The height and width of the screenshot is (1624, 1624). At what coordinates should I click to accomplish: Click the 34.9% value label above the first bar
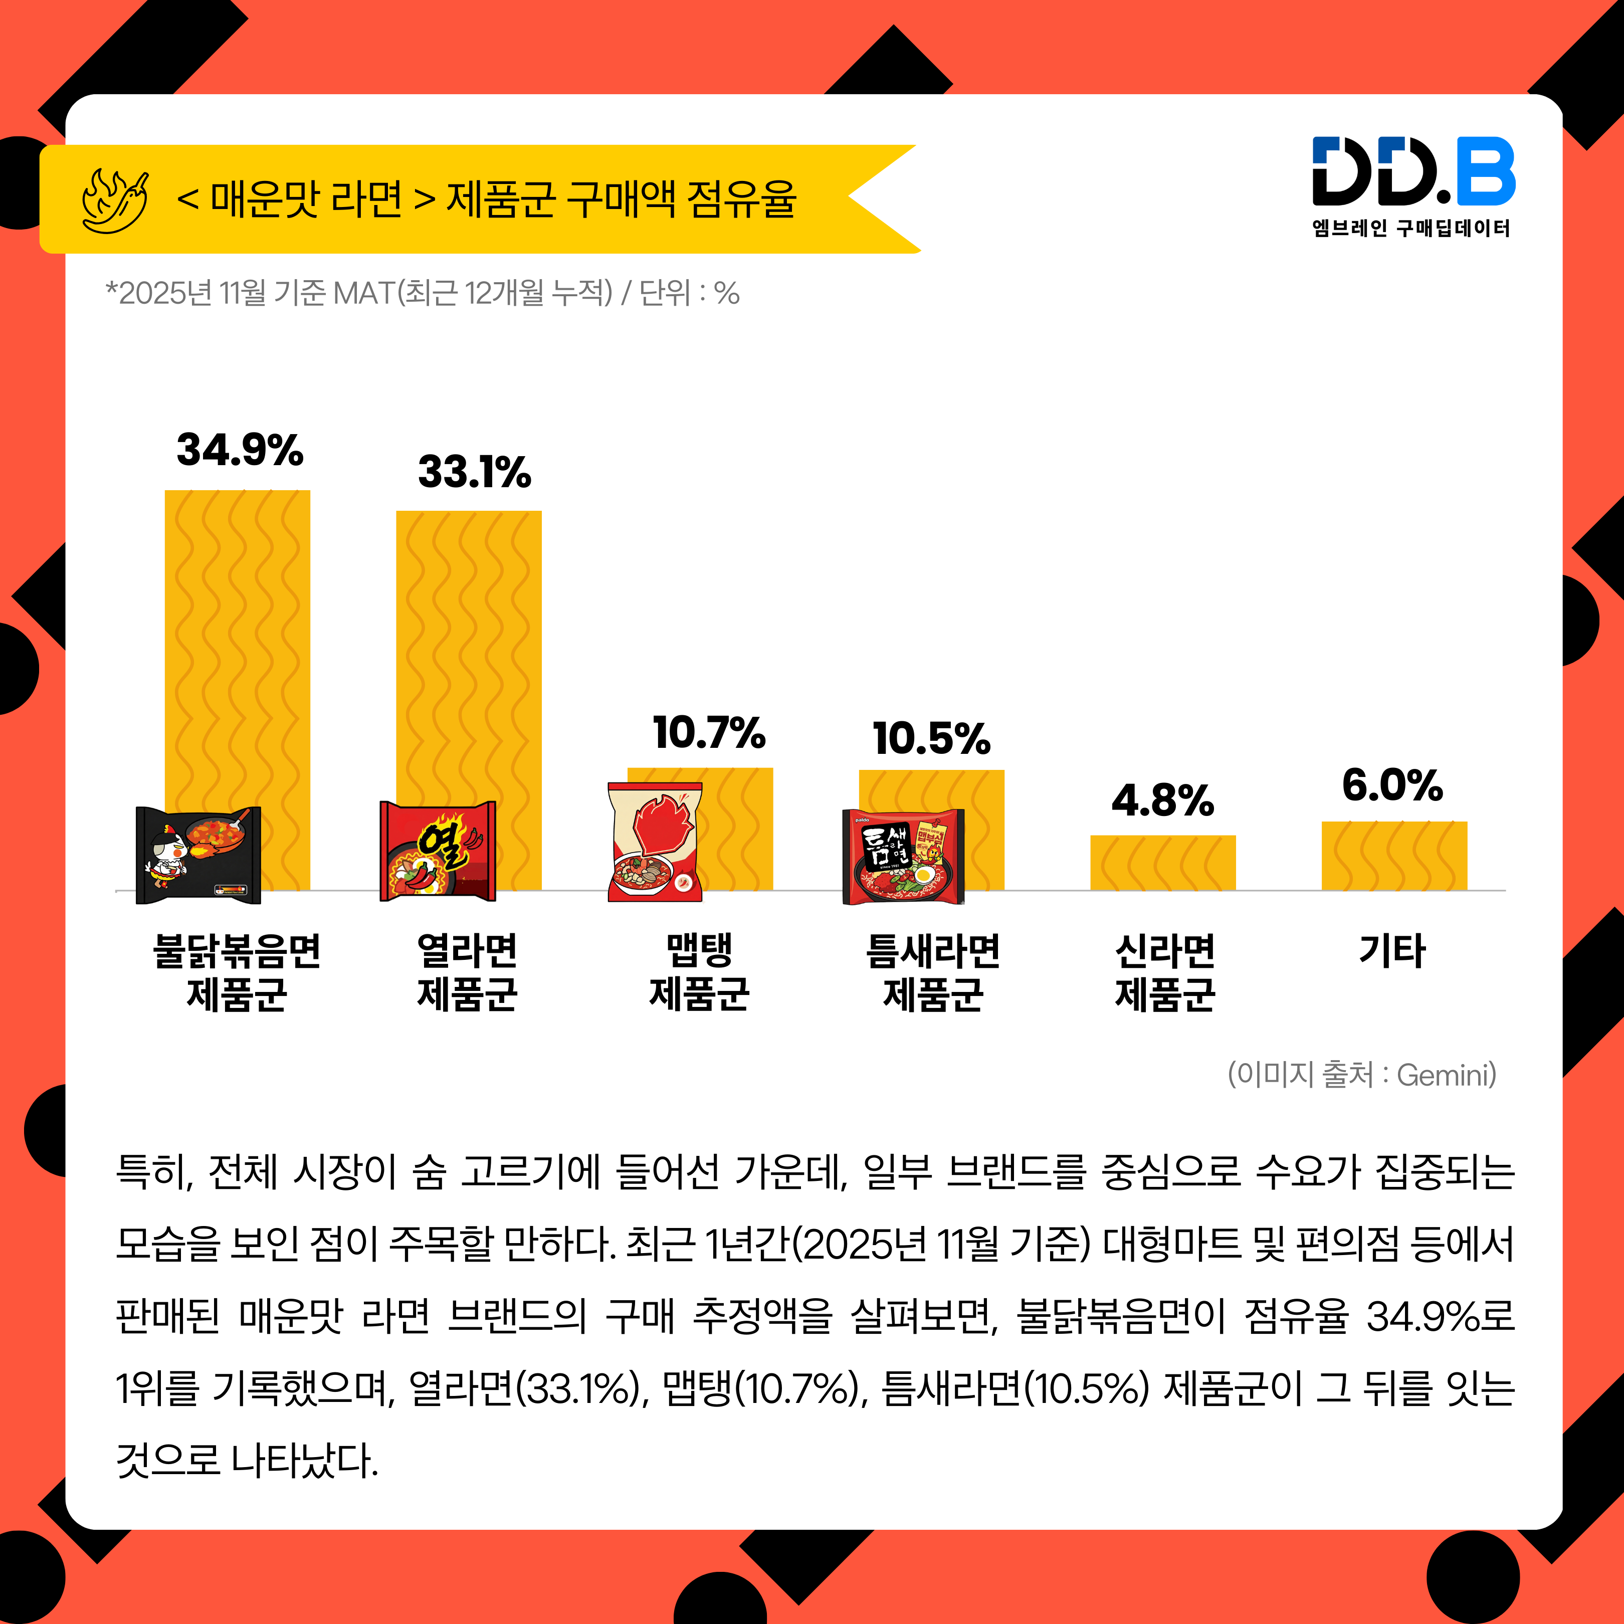[240, 451]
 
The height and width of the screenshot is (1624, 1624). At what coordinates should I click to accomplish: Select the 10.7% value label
[709, 733]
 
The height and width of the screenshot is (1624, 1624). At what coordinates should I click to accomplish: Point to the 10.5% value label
[931, 739]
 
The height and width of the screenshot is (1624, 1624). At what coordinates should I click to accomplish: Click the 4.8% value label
[1162, 801]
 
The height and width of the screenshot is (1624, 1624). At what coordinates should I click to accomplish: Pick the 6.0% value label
[1392, 786]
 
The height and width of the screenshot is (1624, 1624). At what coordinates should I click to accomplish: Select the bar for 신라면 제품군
[1162, 863]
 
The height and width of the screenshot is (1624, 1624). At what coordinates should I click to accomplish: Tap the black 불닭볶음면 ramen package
[198, 855]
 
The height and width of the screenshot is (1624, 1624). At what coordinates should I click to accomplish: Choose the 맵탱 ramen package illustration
[655, 842]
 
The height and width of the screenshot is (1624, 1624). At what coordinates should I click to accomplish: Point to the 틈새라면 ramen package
[903, 857]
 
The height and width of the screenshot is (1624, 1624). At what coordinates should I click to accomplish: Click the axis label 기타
[1392, 951]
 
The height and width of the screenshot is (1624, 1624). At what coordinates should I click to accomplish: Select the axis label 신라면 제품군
[1164, 972]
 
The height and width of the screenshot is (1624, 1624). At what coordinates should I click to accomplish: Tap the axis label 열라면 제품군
[467, 972]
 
